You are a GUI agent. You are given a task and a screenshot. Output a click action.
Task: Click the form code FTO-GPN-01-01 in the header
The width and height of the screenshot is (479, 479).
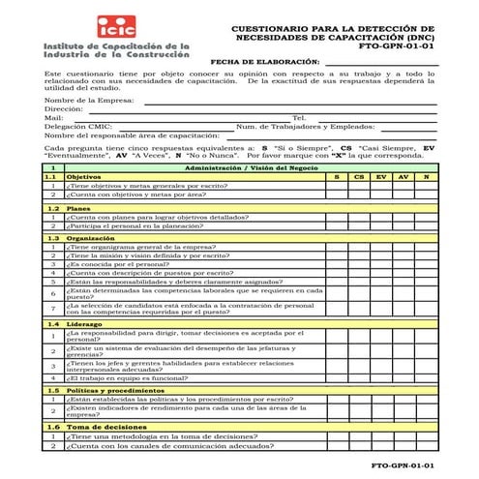396,45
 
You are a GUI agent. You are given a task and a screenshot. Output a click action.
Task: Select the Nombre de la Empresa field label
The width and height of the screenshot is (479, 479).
89,100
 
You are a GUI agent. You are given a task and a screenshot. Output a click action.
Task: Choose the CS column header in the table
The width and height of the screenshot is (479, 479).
359,177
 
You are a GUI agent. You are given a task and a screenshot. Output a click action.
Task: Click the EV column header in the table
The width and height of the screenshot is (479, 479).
381,177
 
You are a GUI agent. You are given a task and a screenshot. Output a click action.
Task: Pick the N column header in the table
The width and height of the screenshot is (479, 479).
426,177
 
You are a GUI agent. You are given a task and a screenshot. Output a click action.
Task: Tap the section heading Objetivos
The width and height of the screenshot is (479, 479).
83,177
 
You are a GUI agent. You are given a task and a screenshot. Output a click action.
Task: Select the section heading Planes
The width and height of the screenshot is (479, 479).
78,208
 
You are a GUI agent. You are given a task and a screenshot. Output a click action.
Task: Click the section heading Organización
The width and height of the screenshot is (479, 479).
91,238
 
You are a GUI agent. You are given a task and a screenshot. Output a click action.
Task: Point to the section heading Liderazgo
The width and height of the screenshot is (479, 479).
84,324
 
